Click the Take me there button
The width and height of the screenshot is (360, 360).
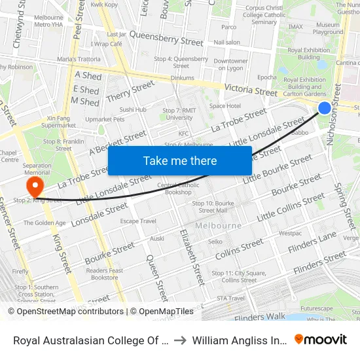(x=180, y=160)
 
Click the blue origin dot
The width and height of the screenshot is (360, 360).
(x=324, y=108)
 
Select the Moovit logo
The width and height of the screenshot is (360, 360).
(x=321, y=339)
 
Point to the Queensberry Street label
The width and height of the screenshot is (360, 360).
(x=166, y=37)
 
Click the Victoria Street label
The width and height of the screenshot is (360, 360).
(x=251, y=90)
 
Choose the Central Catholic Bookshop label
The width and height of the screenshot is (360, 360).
(x=178, y=189)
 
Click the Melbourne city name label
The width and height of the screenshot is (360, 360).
(x=218, y=225)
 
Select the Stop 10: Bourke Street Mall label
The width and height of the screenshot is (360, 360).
(x=213, y=207)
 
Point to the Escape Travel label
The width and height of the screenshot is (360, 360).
(x=138, y=221)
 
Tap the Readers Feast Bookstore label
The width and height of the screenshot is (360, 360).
(x=105, y=274)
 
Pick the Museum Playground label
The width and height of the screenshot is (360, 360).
(x=327, y=28)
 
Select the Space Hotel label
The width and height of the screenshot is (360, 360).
(x=225, y=106)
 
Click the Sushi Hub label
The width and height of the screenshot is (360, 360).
(x=133, y=109)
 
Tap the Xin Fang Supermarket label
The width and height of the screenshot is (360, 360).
(x=62, y=122)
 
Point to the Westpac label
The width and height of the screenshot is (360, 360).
(x=290, y=233)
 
